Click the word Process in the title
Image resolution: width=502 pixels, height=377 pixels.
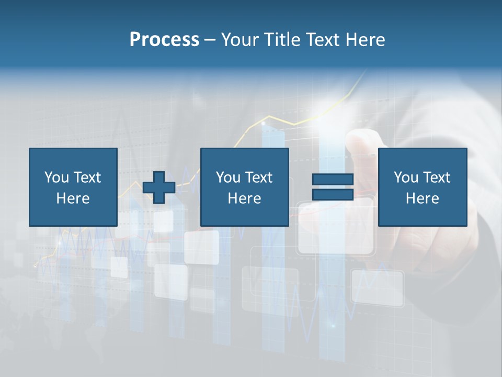coord(164,40)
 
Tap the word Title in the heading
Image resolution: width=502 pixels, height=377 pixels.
coord(282,40)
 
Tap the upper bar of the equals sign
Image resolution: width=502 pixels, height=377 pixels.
coord(333,179)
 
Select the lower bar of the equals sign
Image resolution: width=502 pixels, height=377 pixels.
coord(333,195)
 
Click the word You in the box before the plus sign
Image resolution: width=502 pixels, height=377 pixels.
coord(55,178)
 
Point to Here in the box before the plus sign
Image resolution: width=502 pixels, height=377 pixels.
coord(73,198)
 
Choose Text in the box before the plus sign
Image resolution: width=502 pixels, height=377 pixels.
coord(87,178)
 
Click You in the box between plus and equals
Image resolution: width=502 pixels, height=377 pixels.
coord(227,178)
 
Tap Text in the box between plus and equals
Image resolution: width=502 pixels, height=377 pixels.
coord(258,178)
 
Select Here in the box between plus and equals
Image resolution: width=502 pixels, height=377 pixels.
coord(244,198)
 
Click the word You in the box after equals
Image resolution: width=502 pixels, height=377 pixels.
coord(405,178)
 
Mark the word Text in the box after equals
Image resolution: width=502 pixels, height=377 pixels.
coord(436,178)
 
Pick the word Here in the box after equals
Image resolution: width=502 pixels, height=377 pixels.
coord(422,198)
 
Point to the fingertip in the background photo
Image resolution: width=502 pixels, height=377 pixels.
coord(361,140)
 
